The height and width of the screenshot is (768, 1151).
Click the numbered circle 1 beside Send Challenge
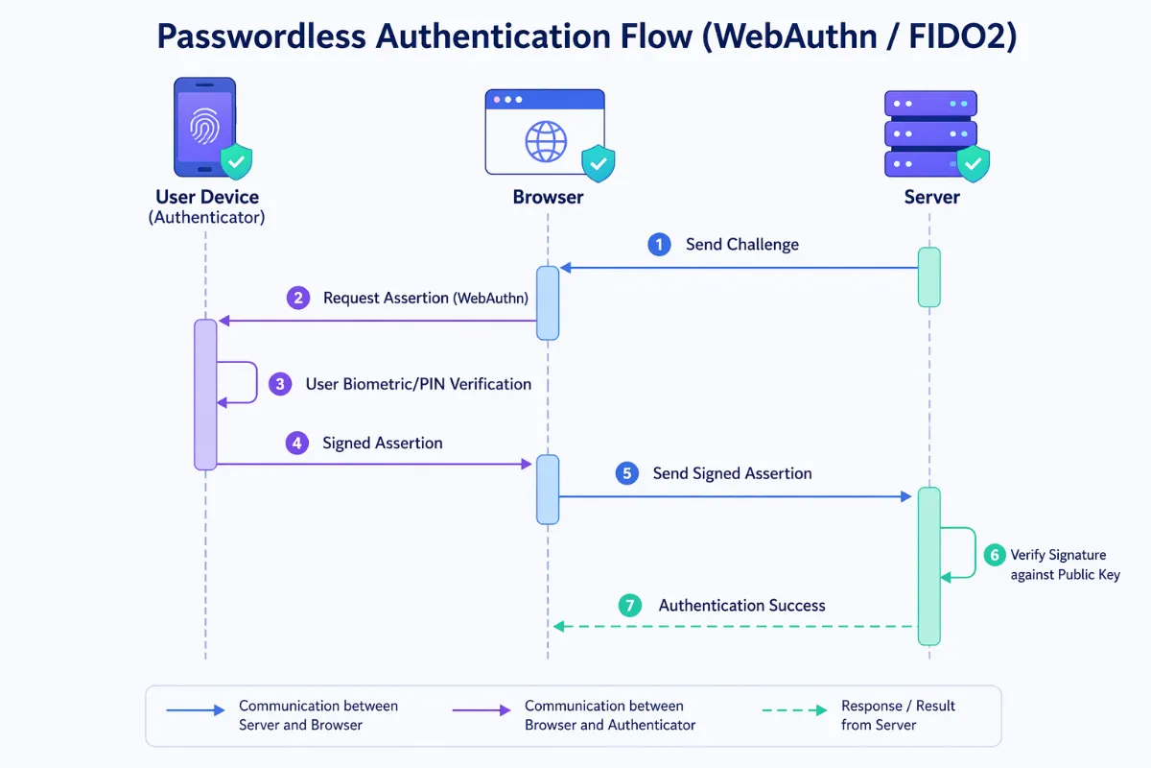click(x=659, y=245)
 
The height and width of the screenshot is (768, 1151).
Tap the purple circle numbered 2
click(x=298, y=298)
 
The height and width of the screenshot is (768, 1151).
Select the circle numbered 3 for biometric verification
click(x=279, y=384)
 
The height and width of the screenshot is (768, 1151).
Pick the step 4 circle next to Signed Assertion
click(x=297, y=444)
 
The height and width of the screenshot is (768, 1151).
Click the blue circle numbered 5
click(x=627, y=473)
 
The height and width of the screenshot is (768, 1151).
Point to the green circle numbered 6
click(x=994, y=555)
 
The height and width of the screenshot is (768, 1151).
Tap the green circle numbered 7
click(x=630, y=606)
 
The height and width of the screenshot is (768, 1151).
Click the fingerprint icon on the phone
click(x=204, y=126)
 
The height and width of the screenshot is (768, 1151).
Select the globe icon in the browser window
click(x=545, y=141)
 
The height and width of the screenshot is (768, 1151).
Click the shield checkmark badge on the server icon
click(x=974, y=163)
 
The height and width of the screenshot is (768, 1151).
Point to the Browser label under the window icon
click(x=548, y=198)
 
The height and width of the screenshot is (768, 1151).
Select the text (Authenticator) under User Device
click(x=206, y=218)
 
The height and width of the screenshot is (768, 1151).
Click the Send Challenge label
click(x=741, y=245)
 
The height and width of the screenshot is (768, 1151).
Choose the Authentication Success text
click(x=741, y=606)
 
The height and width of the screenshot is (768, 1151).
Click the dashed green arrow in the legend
click(x=793, y=710)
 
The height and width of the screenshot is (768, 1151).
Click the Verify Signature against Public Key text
click(x=1065, y=564)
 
